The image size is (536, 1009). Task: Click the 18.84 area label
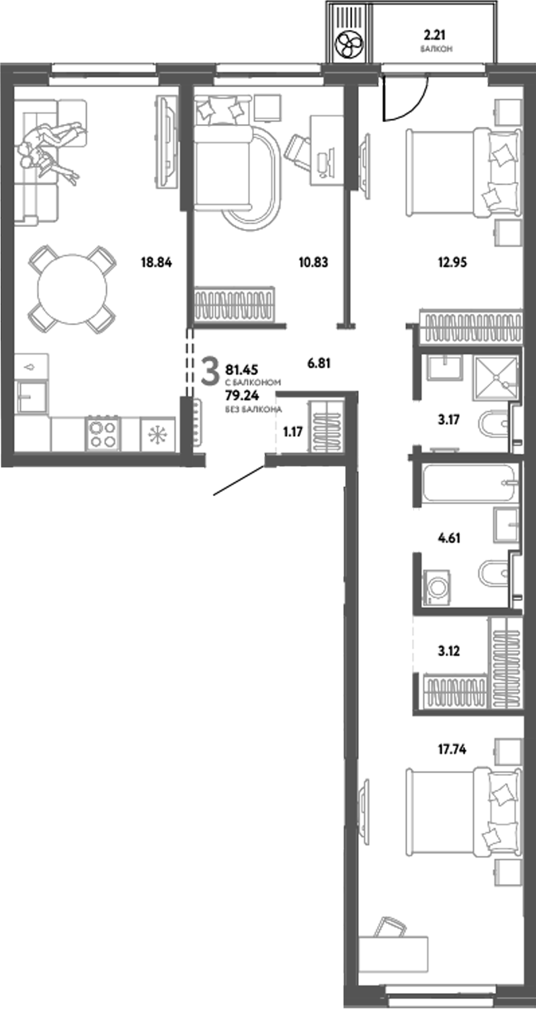coord(156,262)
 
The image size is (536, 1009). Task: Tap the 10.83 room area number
coord(313,262)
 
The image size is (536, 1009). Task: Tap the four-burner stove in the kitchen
coord(102,433)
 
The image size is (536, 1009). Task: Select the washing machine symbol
coord(437,587)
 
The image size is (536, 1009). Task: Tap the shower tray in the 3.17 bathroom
coord(494,378)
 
